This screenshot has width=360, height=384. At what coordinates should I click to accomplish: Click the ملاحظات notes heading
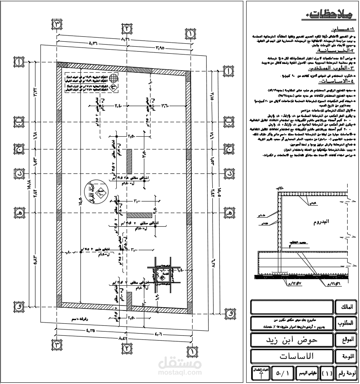click(330, 17)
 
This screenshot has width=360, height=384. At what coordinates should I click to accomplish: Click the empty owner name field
click(292, 307)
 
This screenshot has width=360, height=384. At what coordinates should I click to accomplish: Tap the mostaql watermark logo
click(180, 365)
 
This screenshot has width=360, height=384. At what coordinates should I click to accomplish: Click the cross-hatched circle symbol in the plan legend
click(115, 77)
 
